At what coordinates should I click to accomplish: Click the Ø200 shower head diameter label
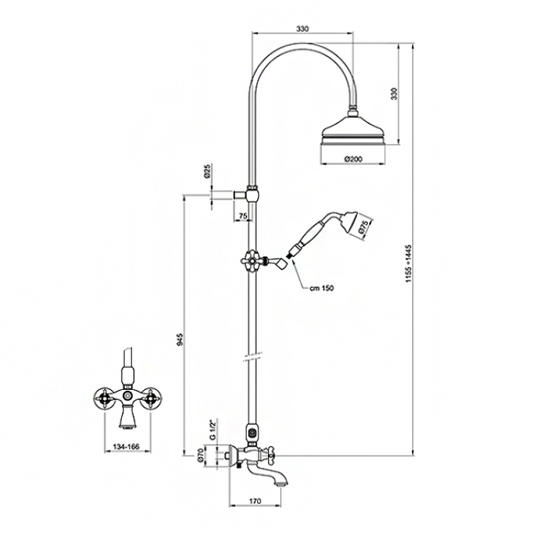pos(353,159)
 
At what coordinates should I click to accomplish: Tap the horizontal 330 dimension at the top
pos(303,29)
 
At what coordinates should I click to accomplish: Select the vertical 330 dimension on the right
pos(395,94)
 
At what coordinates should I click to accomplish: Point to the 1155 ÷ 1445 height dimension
pos(409,263)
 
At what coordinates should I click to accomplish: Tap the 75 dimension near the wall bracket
pos(243,216)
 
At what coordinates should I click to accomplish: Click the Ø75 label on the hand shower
pos(363,227)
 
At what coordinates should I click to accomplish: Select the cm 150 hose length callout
pos(322,288)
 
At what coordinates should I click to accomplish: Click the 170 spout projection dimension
pos(255,501)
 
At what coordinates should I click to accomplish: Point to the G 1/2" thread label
pos(212,429)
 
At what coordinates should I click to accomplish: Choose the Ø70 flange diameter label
pos(200,455)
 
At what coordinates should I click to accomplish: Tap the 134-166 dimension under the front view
pos(127,446)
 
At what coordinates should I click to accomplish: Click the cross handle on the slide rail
pos(251,261)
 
